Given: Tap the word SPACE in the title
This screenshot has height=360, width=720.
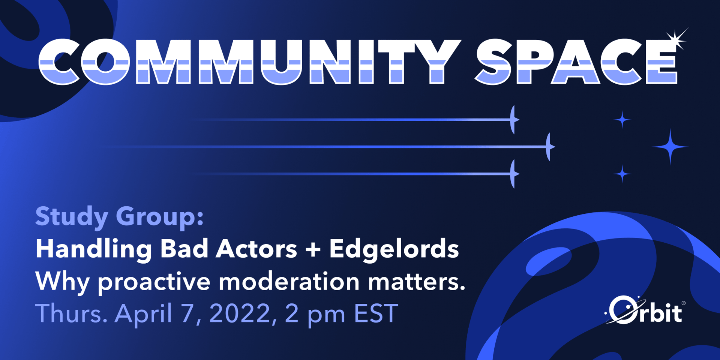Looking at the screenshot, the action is click(x=577, y=61).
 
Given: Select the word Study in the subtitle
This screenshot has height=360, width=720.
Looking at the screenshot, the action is click(x=72, y=217).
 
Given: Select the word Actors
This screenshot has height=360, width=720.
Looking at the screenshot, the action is click(x=256, y=249).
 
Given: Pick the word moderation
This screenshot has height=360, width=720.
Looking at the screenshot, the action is click(x=289, y=281).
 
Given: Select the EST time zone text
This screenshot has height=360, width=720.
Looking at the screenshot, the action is click(x=376, y=313).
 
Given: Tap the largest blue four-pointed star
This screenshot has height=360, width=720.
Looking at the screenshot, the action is click(x=670, y=147).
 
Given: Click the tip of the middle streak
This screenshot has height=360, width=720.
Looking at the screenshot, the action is click(x=555, y=147).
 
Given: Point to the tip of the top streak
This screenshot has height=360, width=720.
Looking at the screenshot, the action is click(x=519, y=120).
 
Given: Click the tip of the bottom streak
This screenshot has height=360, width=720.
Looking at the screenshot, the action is click(x=519, y=174).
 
